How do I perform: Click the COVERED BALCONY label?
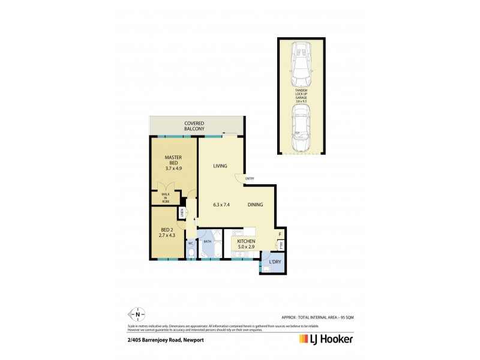tap(194, 125)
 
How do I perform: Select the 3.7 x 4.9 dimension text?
tap(173, 169)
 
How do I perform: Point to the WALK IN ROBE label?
tap(165, 197)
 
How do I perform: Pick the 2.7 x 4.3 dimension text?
tap(167, 236)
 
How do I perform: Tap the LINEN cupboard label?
tap(181, 212)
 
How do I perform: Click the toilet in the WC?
tap(190, 254)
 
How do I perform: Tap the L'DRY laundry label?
tap(275, 262)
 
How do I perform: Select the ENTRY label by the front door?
tap(250, 178)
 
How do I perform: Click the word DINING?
tap(256, 205)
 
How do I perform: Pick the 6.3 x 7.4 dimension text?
tap(222, 205)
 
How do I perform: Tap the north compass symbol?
tap(138, 314)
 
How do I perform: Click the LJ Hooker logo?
tap(326, 339)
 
